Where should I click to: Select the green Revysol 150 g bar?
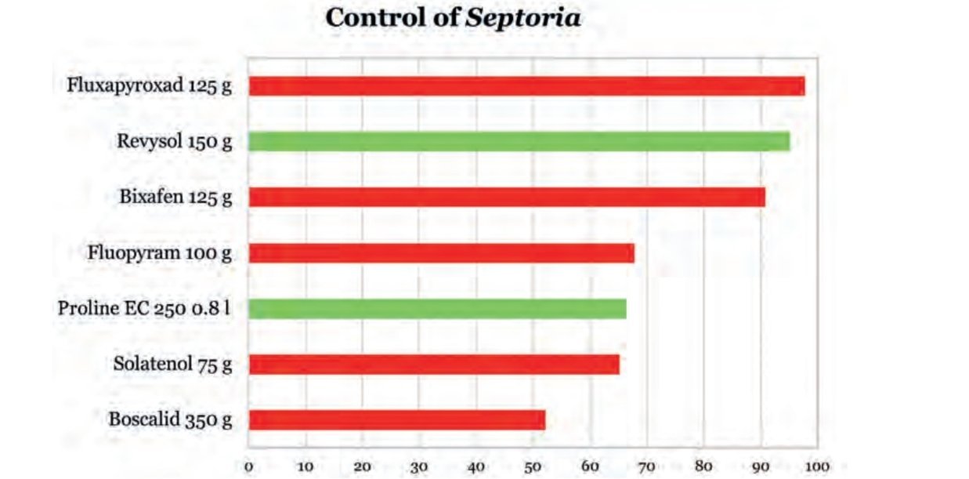pos(519,142)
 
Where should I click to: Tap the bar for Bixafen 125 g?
pos(507,198)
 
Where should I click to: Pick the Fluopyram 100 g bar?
pos(441,253)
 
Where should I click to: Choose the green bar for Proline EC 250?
pos(437,309)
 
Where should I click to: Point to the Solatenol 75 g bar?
pos(434,365)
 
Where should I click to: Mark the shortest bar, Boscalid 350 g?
pos(396,420)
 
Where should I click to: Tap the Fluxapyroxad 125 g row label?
pos(149,85)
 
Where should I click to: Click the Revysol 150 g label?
pos(174,142)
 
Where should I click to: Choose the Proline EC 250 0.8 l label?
pos(144,308)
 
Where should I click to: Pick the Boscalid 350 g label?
pos(170,419)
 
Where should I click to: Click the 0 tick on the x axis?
pos(248,466)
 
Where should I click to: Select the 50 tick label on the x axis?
pos(533,466)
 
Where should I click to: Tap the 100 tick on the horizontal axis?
pos(817,466)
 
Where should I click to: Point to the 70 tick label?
pos(646,466)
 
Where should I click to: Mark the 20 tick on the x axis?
pos(362,466)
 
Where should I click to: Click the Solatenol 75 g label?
pos(172,365)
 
